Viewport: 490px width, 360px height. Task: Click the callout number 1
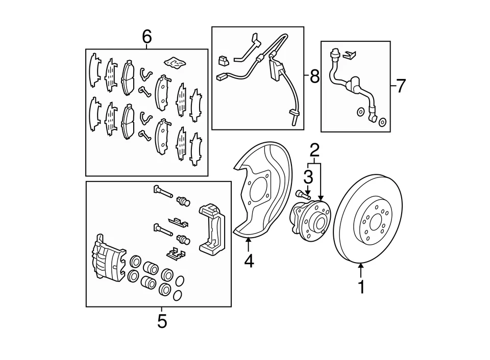click(361, 287)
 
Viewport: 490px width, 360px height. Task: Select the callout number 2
click(315, 150)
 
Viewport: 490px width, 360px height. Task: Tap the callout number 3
click(308, 177)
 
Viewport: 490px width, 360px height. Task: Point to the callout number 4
click(249, 261)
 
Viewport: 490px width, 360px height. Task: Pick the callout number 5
click(162, 321)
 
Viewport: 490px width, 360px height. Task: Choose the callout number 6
click(147, 37)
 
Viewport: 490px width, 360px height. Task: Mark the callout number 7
click(401, 86)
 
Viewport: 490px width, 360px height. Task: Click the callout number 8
click(315, 76)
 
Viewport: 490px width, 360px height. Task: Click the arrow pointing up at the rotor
click(361, 271)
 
